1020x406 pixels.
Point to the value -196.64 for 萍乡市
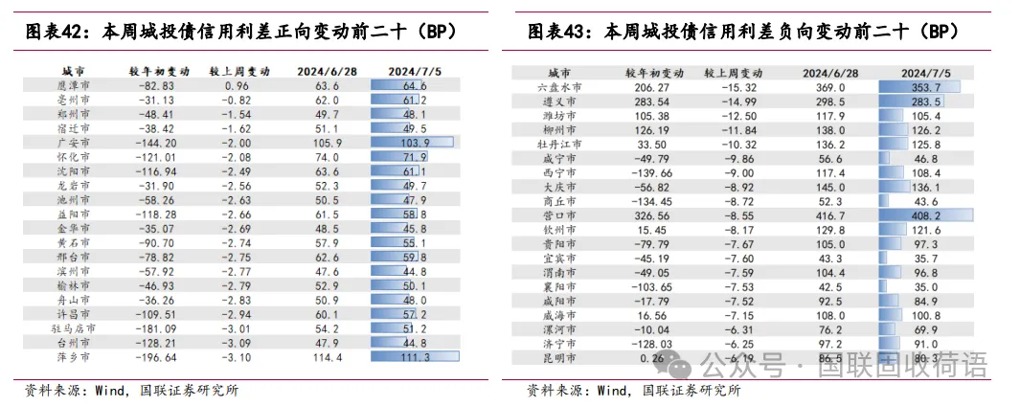pyautogui.click(x=153, y=357)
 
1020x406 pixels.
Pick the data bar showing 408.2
pyautogui.click(x=924, y=215)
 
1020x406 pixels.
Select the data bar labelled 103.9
pyautogui.click(x=411, y=141)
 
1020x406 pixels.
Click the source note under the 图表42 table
pyautogui.click(x=131, y=390)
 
